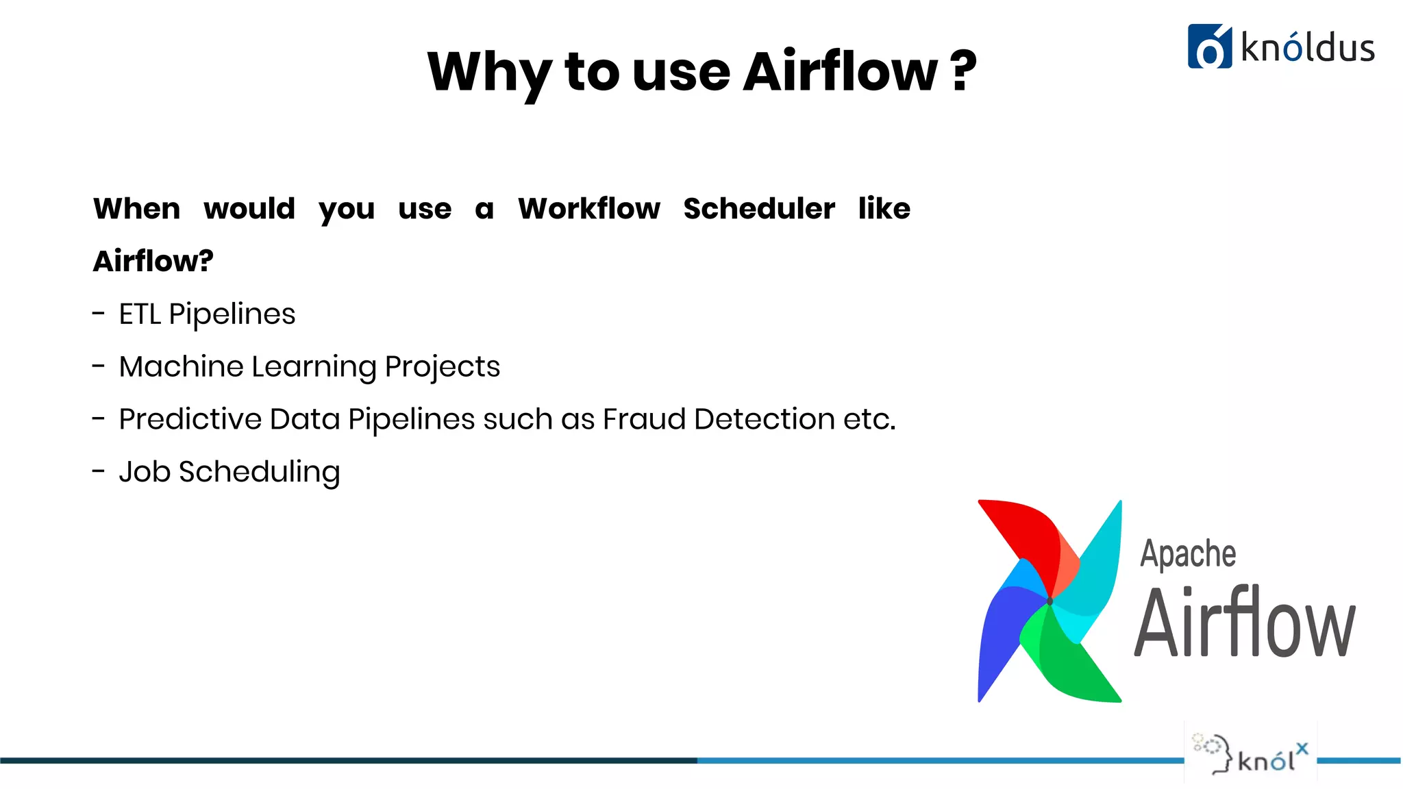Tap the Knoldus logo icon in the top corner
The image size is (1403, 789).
click(1209, 47)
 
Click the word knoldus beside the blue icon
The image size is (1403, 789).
click(1307, 49)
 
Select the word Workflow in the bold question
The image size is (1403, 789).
click(589, 208)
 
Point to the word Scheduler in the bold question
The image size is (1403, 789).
click(759, 208)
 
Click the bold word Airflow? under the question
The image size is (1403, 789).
click(153, 261)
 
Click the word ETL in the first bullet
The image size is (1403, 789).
click(140, 314)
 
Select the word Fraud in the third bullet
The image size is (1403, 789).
click(644, 419)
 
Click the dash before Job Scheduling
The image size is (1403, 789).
click(99, 471)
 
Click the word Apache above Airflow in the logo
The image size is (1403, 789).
click(1188, 553)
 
